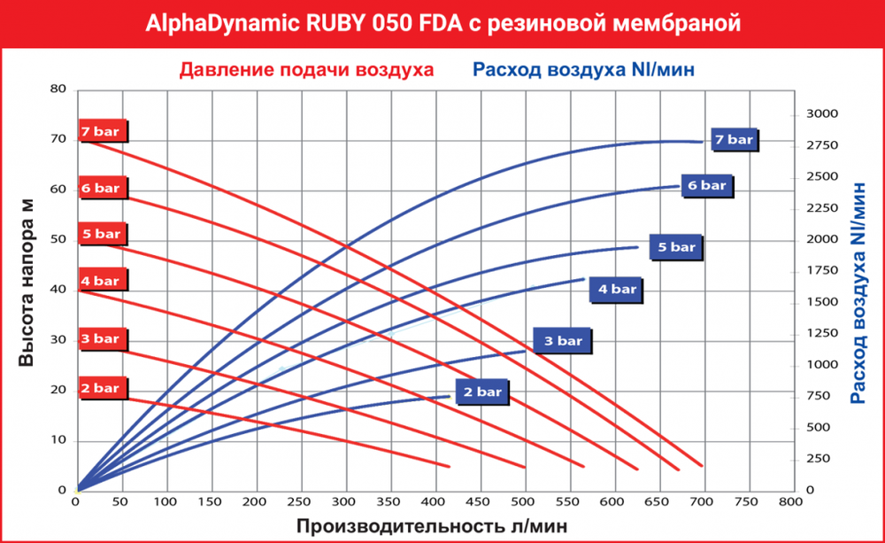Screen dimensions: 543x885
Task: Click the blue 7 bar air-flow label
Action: coord(734,140)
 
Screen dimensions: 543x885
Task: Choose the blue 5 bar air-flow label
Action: coord(677,247)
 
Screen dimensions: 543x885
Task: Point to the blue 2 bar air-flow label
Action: coord(483,391)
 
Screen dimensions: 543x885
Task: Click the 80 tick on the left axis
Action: coord(58,89)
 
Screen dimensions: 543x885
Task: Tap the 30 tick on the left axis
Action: coord(58,340)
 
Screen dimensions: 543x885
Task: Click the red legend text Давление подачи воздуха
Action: coord(306,70)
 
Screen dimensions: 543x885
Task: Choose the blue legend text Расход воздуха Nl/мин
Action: coord(582,70)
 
